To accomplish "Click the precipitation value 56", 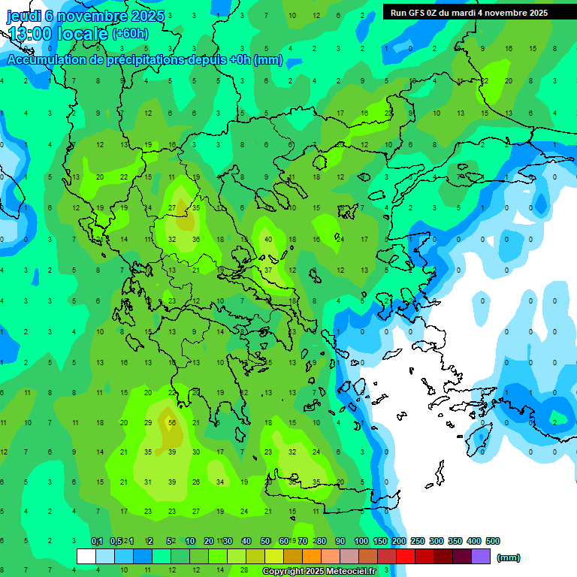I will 172,422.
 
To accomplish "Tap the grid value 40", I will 268,240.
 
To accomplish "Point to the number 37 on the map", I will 268,270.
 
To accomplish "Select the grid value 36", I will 196,240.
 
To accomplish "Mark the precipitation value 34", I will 220,482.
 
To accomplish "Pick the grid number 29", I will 148,422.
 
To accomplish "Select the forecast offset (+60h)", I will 130,34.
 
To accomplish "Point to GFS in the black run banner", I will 418,13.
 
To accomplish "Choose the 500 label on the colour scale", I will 493,541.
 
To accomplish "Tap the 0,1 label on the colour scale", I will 97,541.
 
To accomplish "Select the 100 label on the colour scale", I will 361,541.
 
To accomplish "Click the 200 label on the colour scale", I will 399,541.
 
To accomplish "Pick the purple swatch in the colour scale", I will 481,557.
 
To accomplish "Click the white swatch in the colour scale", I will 86,557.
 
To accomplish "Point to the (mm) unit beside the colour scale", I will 509,557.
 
